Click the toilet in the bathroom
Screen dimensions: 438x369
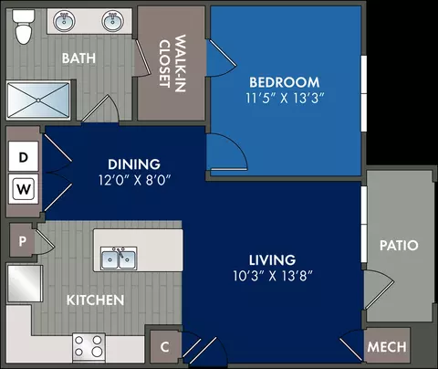(x=24, y=26)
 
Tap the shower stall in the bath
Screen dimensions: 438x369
(x=38, y=100)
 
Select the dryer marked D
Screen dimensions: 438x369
(x=24, y=156)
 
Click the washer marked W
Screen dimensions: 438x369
(x=24, y=189)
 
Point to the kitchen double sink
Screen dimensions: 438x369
(x=119, y=258)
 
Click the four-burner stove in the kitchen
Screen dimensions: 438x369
(x=89, y=348)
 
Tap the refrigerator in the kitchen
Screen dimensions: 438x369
(x=25, y=284)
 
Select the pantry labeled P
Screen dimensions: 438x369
(x=22, y=240)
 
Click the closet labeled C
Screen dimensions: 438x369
(x=164, y=347)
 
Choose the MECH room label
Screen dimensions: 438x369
(x=387, y=347)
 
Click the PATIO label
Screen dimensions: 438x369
(x=399, y=246)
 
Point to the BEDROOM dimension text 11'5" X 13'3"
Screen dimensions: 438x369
(x=285, y=99)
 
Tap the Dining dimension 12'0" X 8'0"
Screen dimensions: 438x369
(x=134, y=180)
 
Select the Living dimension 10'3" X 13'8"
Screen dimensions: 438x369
(x=273, y=276)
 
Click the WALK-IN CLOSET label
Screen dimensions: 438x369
(x=172, y=63)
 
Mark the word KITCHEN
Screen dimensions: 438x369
(x=95, y=300)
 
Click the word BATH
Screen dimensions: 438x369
(x=78, y=58)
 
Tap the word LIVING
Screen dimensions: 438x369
(x=272, y=260)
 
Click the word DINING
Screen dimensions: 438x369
(x=134, y=164)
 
